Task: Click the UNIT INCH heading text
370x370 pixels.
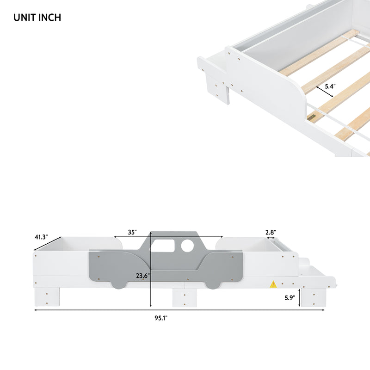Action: tap(37, 18)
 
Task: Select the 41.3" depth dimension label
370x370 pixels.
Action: tap(41, 237)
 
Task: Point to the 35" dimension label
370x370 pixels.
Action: tap(133, 233)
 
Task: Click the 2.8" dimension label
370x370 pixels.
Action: tap(271, 233)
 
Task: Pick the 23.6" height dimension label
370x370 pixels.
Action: tap(142, 276)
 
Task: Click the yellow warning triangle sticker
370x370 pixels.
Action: tap(273, 284)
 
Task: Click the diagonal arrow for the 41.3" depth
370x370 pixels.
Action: tap(48, 245)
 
